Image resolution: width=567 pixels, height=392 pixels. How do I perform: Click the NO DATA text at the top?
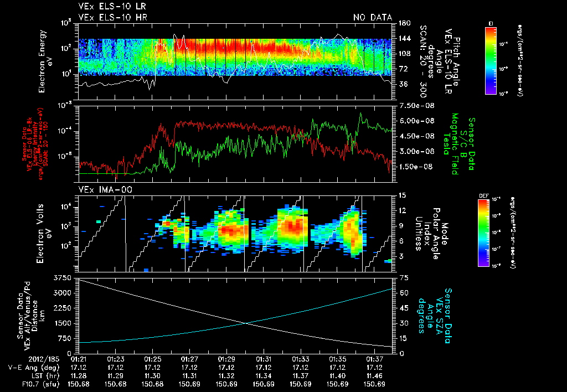click(373, 17)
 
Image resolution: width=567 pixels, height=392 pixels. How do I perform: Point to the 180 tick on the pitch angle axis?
click(403, 23)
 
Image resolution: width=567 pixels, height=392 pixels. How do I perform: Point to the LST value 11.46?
click(374, 375)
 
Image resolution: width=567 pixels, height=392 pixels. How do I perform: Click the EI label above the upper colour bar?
click(490, 23)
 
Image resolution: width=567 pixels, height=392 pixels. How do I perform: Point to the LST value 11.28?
click(78, 375)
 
